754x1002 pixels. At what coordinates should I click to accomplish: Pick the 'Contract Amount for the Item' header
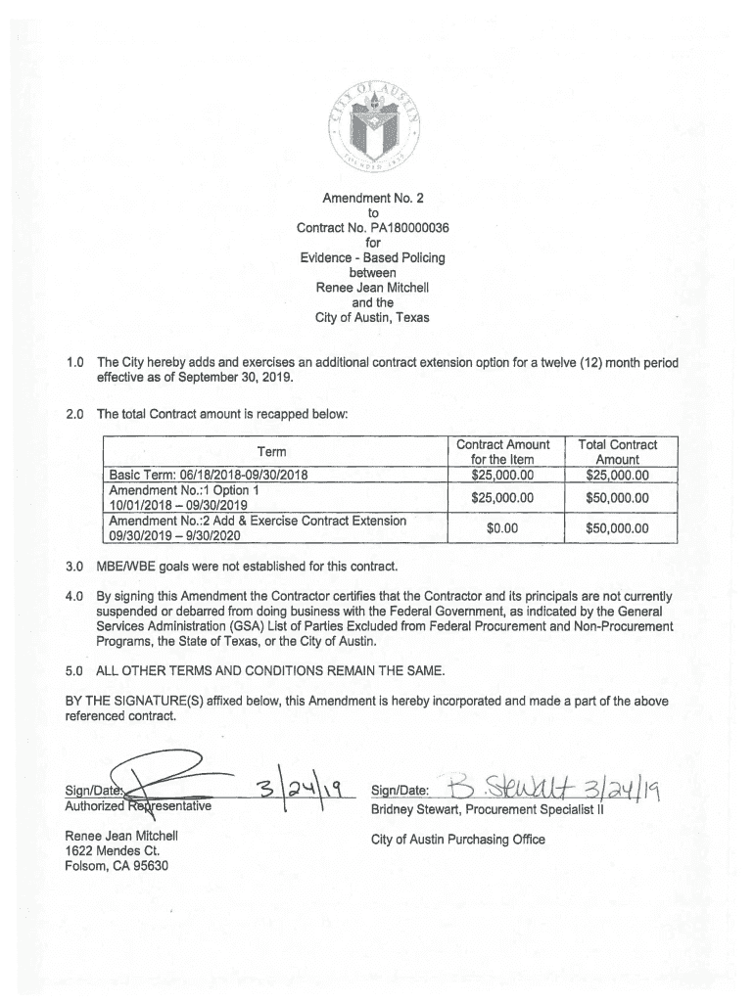point(502,452)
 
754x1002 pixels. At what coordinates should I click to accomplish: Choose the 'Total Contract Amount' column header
point(617,452)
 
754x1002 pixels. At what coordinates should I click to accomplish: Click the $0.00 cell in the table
point(502,528)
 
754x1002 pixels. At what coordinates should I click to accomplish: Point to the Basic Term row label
point(210,476)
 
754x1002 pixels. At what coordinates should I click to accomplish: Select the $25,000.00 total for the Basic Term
point(617,476)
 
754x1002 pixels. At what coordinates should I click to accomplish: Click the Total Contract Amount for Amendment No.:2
point(617,528)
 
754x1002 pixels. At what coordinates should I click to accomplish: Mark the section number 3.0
point(73,567)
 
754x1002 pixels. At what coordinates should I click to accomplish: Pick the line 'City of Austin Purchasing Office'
point(457,840)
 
